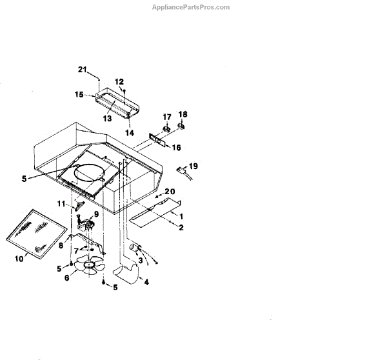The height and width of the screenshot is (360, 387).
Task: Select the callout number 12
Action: click(119, 81)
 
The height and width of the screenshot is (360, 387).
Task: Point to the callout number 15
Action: click(79, 94)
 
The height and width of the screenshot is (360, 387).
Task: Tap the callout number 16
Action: click(176, 147)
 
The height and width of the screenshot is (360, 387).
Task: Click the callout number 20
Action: click(170, 191)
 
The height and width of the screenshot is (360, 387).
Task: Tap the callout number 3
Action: click(141, 260)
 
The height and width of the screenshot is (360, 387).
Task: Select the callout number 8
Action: click(62, 246)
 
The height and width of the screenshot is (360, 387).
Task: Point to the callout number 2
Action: click(181, 227)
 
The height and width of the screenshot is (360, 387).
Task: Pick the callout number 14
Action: click(130, 132)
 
